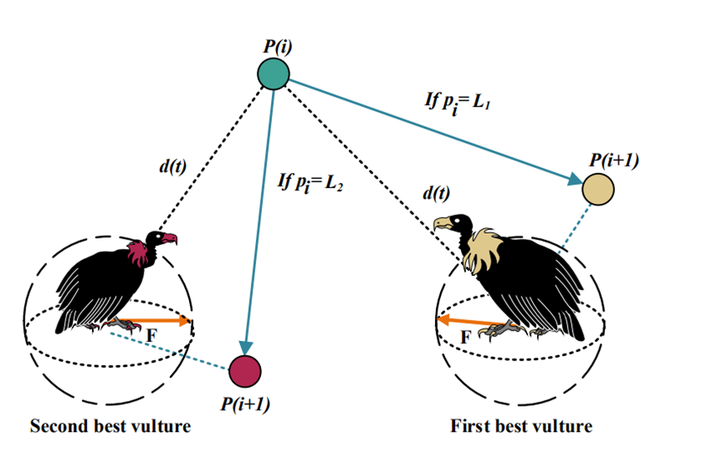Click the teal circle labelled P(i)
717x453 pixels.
(274, 75)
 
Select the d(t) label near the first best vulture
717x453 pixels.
(437, 194)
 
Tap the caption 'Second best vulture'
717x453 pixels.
(110, 427)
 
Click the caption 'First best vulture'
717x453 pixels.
(522, 427)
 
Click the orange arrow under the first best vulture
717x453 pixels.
(470, 320)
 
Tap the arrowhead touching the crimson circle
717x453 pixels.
(245, 347)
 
